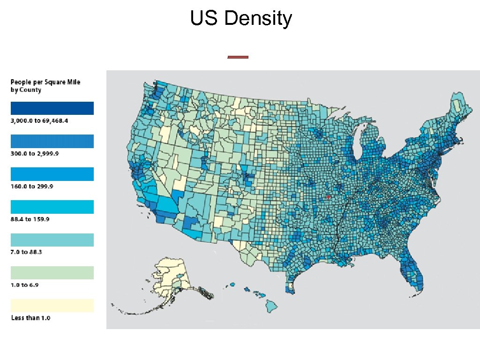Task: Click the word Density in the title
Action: coord(258,19)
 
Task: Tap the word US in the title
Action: coord(204,19)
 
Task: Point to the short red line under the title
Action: coord(238,57)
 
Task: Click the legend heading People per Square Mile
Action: coord(45,82)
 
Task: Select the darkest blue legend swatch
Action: coord(52,108)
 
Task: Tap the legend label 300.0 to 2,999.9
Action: coord(35,154)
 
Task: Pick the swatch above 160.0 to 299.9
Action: coord(52,174)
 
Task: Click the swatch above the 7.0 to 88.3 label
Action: coord(52,240)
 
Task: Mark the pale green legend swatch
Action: coord(52,273)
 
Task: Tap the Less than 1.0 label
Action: coord(30,318)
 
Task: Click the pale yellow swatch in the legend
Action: coord(52,306)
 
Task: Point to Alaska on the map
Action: coord(172,277)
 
